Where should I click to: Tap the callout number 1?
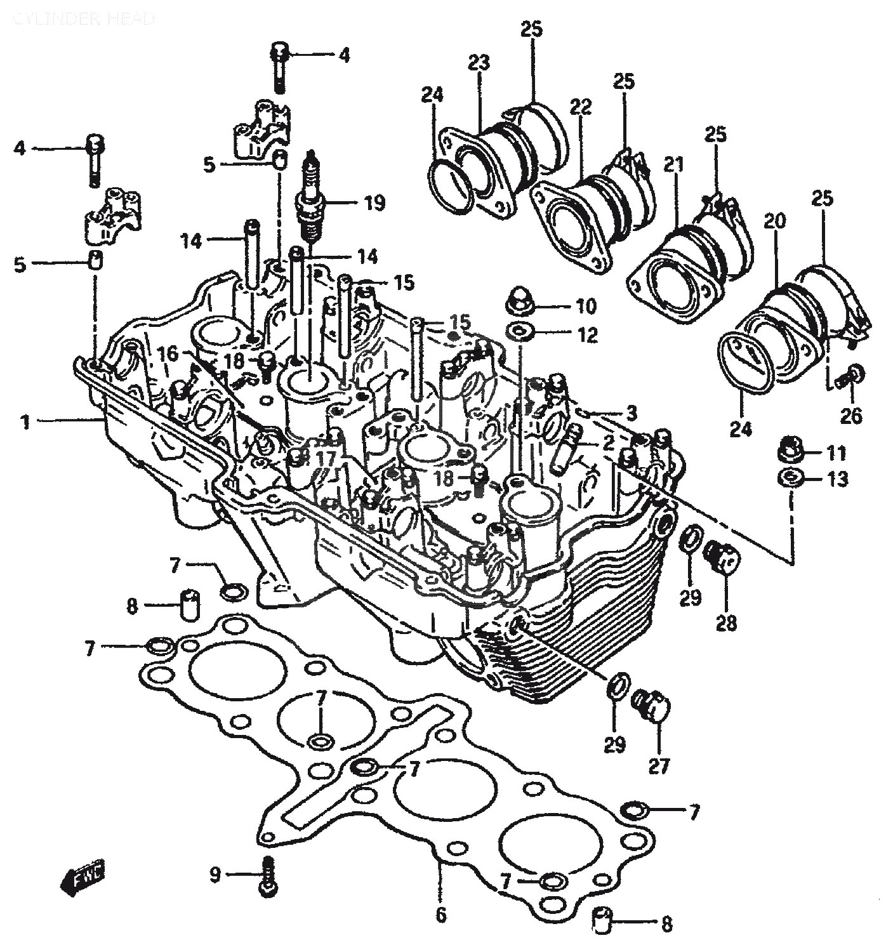pos(25,421)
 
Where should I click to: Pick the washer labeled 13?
pos(788,477)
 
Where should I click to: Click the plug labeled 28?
pos(724,557)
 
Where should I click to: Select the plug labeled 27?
pos(652,705)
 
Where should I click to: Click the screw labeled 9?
pos(270,876)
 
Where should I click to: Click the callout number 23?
pos(479,63)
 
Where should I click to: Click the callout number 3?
pos(631,414)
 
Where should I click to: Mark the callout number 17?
pos(325,458)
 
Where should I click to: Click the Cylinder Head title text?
pos(83,18)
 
